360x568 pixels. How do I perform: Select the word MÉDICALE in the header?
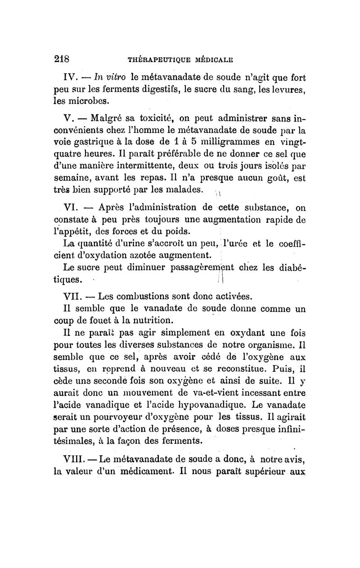(214, 59)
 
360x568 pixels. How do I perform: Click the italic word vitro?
(106, 77)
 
